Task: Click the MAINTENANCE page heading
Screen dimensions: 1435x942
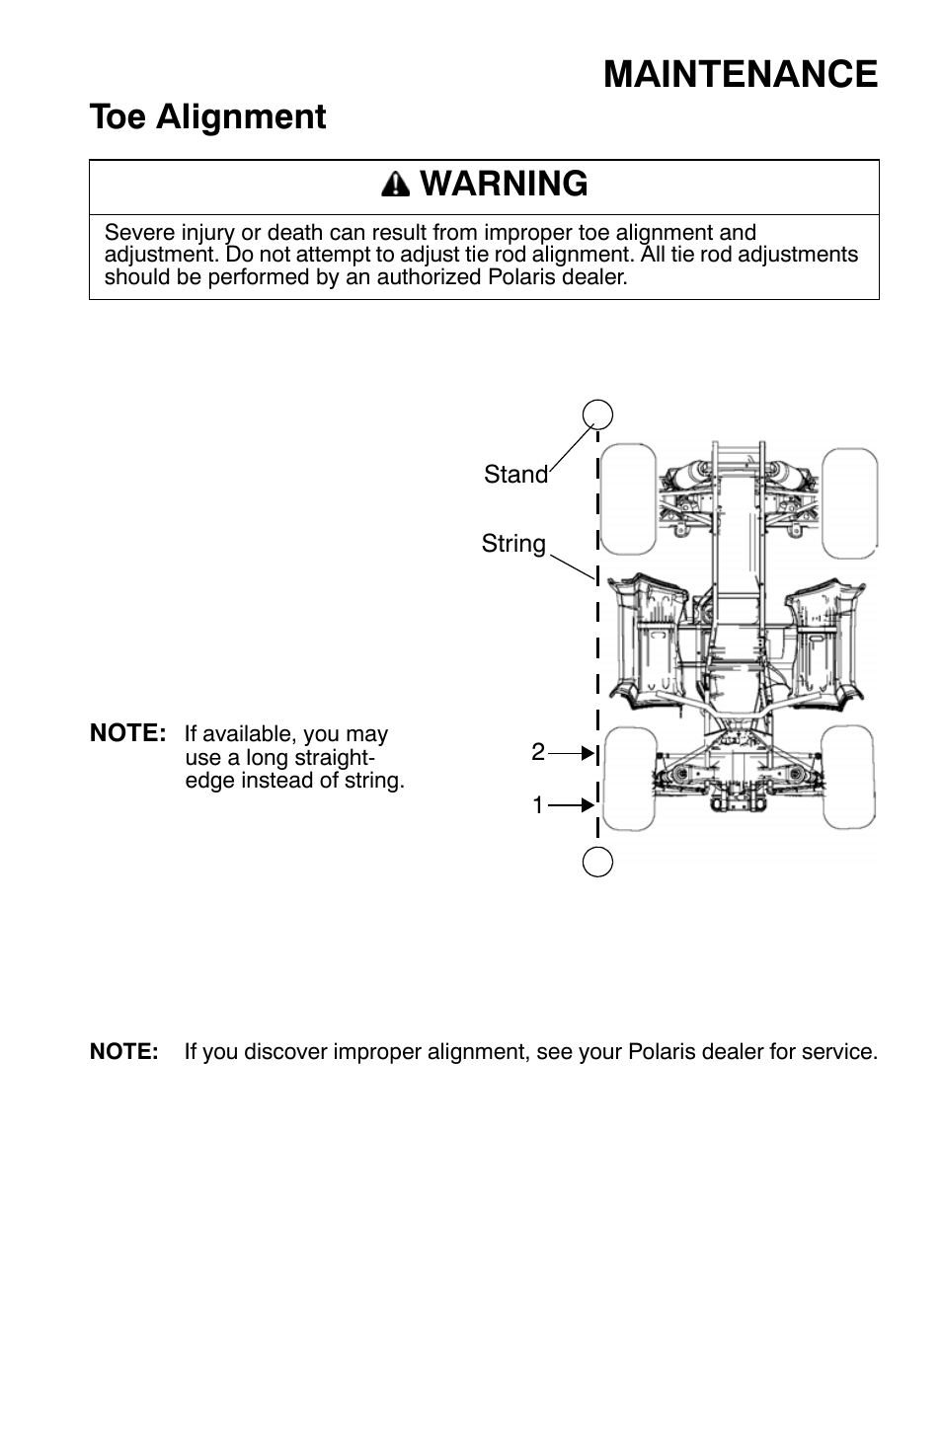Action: point(740,75)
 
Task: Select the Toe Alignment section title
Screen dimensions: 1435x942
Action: point(207,116)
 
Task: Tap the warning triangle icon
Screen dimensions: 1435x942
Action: point(395,185)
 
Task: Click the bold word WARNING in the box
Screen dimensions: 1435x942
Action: point(504,184)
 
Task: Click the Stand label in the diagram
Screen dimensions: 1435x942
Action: point(515,475)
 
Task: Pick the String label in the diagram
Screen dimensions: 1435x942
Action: point(513,544)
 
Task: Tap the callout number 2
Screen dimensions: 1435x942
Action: point(537,752)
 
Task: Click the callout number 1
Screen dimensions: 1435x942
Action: point(537,805)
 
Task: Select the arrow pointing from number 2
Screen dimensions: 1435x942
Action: point(573,753)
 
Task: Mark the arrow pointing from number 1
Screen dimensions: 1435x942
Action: point(573,805)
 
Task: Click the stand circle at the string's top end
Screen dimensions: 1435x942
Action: point(597,414)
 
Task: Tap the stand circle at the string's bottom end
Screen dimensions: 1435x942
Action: point(597,862)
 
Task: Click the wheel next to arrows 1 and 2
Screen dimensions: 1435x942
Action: point(628,779)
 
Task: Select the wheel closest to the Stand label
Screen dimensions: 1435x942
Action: point(628,500)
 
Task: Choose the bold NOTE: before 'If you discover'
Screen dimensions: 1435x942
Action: point(123,1052)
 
